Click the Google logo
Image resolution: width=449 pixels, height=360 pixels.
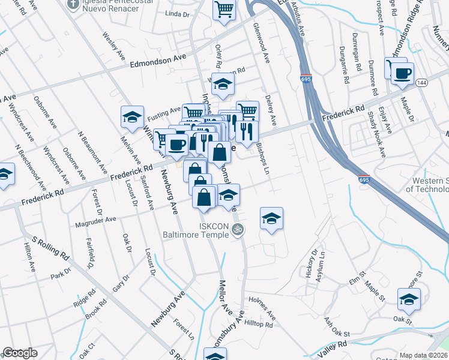pos(20,353)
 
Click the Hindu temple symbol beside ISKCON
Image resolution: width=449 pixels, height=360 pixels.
pos(238,228)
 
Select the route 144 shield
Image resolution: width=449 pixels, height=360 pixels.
pos(423,83)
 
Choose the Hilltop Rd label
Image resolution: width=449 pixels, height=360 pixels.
pos(259,325)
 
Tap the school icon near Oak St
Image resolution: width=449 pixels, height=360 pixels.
pos(409,299)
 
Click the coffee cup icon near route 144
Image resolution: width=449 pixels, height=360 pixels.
pos(402,74)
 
